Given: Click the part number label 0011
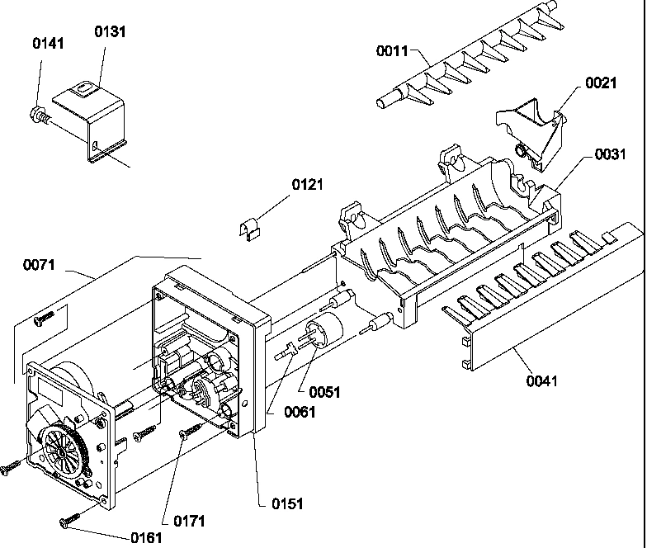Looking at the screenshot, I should pyautogui.click(x=394, y=51).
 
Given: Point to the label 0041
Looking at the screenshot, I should pyautogui.click(x=541, y=380).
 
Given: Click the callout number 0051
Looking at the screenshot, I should pyautogui.click(x=323, y=393).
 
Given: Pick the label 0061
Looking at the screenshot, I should pyautogui.click(x=298, y=413).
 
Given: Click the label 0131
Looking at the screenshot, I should pyautogui.click(x=111, y=31).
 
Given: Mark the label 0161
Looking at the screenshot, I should pyautogui.click(x=147, y=537).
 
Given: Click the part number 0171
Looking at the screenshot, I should pyautogui.click(x=189, y=521).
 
